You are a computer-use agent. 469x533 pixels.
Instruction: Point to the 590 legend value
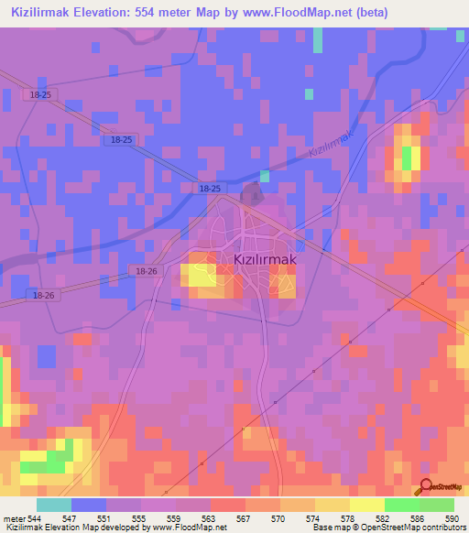(x=451, y=518)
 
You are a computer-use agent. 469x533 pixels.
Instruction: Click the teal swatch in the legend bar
(x=54, y=505)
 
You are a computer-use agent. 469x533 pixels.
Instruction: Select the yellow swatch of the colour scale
(x=367, y=505)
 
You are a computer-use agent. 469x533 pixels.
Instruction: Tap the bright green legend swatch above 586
(x=402, y=505)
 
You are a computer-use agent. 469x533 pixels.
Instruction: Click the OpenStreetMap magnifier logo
(x=424, y=486)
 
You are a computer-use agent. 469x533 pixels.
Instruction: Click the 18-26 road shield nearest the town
(x=146, y=272)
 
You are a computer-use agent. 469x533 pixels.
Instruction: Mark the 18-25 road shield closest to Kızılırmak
(x=210, y=188)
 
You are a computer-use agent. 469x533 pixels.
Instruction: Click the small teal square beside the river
(x=264, y=175)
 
